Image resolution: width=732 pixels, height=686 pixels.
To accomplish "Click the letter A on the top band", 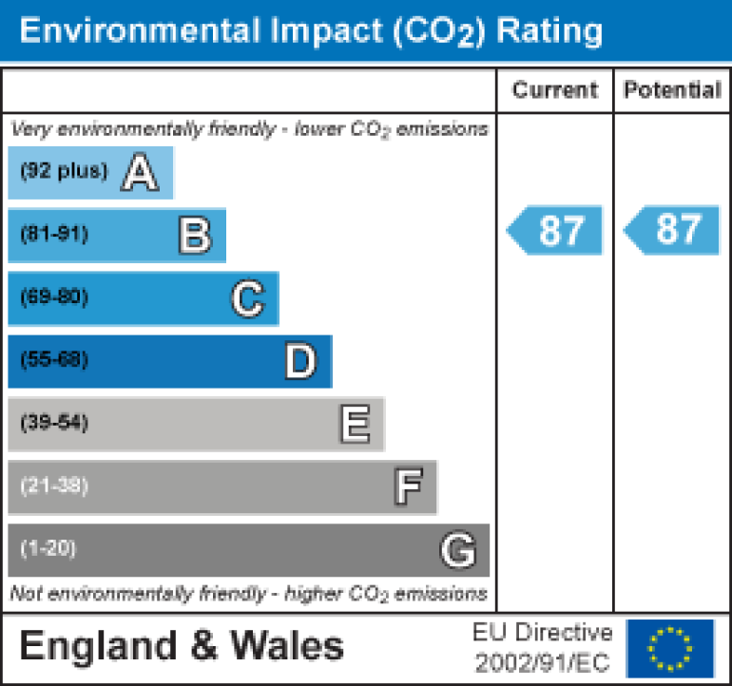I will tap(140, 173).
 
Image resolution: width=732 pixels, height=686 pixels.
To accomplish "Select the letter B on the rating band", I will tap(195, 236).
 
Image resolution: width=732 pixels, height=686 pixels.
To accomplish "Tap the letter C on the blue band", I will tap(247, 299).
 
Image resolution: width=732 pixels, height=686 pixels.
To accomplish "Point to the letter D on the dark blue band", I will tap(300, 362).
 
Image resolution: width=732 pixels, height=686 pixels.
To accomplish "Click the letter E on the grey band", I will tap(355, 425).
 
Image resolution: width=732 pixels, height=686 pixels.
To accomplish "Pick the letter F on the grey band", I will tap(408, 487).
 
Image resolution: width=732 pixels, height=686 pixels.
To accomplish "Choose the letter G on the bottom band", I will tap(457, 550).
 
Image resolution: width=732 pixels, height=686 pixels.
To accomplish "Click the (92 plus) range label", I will tap(65, 172).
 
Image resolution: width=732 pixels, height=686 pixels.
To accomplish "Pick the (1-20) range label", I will tap(48, 548).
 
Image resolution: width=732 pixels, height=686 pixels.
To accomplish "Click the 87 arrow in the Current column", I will tap(555, 230).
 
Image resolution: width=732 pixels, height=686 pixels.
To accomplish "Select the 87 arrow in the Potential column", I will tap(672, 230).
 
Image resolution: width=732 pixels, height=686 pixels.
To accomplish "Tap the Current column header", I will tap(555, 90).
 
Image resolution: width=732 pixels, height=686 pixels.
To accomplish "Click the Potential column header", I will tap(672, 90).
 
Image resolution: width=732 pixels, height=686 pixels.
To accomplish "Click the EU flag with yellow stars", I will tap(669, 647).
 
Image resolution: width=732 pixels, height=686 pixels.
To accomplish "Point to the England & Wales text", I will tap(182, 647).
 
